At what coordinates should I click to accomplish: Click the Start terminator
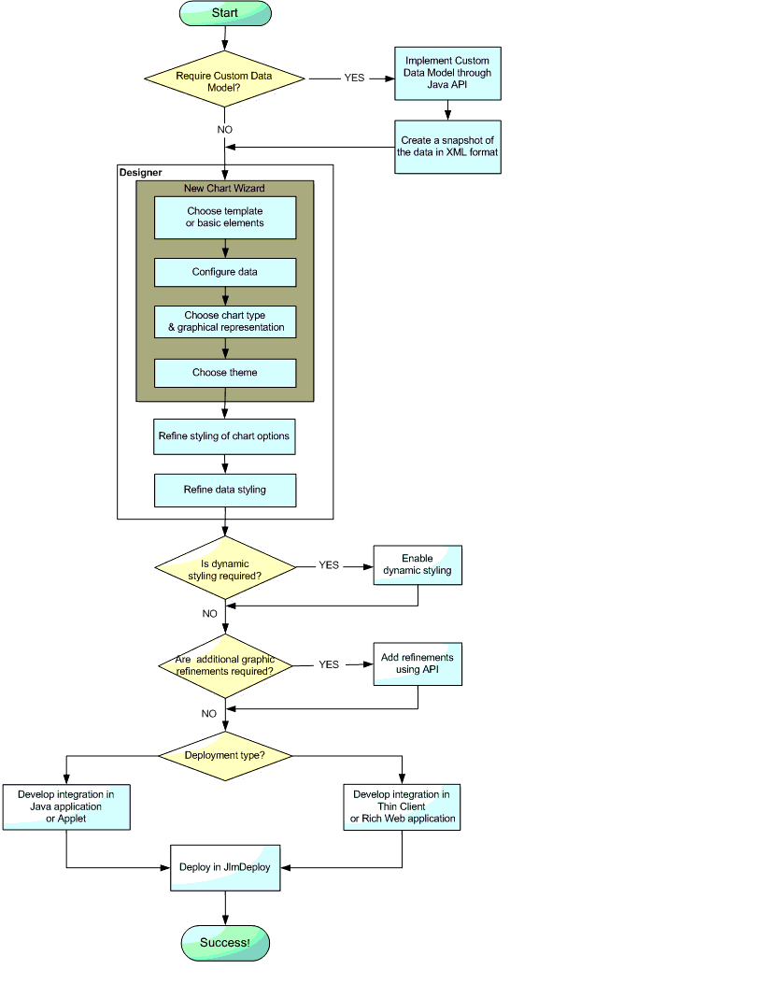click(225, 13)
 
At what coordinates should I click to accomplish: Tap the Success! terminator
click(225, 943)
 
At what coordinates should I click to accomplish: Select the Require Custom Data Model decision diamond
click(225, 79)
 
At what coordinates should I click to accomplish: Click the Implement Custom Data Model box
click(447, 73)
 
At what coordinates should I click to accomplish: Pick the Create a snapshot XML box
click(447, 147)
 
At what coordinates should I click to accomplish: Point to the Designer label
click(141, 173)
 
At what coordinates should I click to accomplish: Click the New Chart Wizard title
click(224, 189)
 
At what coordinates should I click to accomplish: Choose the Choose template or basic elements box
click(225, 217)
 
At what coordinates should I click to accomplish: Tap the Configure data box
click(225, 272)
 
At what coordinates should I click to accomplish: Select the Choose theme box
click(225, 373)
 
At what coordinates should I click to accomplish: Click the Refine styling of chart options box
click(224, 436)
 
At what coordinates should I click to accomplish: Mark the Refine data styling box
click(225, 490)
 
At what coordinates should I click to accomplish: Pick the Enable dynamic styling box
click(418, 564)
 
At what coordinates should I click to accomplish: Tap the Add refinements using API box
click(418, 663)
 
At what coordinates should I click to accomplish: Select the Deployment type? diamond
click(225, 755)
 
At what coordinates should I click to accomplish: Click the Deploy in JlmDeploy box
click(225, 868)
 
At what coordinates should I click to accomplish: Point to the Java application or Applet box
click(65, 807)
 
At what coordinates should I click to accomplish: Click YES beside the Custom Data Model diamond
click(354, 78)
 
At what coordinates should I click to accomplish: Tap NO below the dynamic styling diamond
click(209, 614)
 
